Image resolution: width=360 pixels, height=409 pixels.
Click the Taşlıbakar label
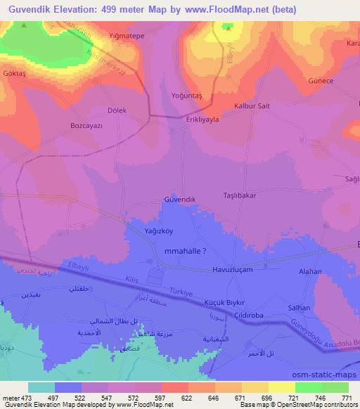pos(240,195)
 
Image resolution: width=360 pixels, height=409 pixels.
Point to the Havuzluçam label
pos(231,269)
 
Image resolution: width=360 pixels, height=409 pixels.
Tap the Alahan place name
pos(309,271)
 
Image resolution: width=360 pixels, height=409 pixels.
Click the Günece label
pos(320,81)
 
